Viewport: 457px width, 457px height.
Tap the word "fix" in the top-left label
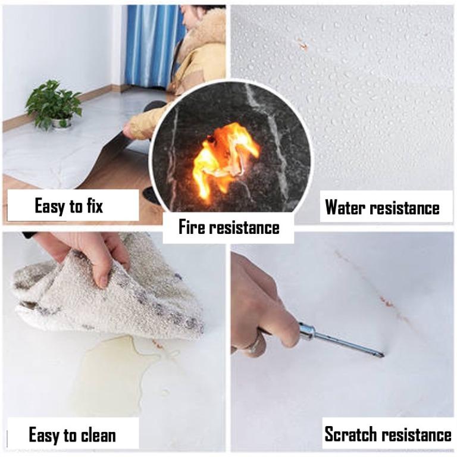(95, 205)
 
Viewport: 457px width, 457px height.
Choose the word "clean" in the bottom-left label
(98, 436)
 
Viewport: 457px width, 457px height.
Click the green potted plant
(53, 104)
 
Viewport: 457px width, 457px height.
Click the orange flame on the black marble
(224, 157)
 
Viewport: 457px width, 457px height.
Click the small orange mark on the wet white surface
(303, 45)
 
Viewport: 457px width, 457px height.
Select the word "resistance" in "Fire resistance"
(245, 227)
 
